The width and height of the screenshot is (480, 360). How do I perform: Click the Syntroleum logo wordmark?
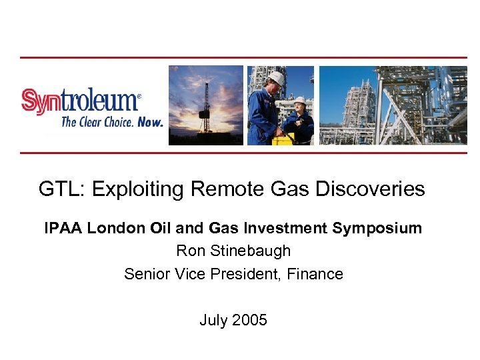(81, 102)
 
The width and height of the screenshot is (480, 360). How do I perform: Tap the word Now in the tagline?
(150, 122)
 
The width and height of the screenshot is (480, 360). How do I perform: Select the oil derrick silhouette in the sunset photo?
(206, 107)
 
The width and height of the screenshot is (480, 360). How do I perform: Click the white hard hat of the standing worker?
(277, 78)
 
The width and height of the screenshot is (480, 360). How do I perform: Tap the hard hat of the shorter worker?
(300, 101)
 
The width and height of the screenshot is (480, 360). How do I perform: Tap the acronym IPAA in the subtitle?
(63, 228)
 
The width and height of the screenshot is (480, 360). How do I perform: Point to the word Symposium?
(377, 228)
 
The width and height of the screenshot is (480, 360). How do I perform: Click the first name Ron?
(189, 251)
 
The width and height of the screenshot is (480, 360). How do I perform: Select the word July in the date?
(213, 320)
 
